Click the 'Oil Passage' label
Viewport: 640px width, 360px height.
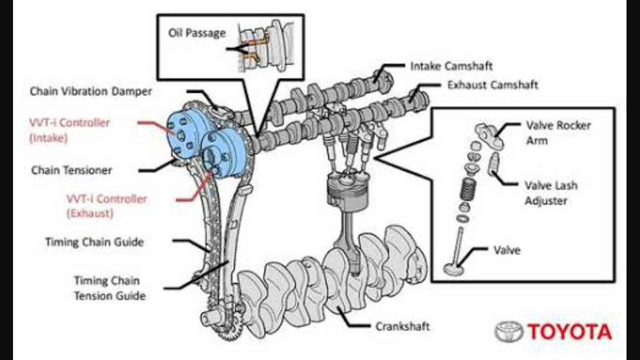coord(196,33)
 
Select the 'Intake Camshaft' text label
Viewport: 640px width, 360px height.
coord(451,65)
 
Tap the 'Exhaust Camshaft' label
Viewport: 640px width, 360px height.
coord(492,85)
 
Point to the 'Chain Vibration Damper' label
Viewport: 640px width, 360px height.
coord(90,91)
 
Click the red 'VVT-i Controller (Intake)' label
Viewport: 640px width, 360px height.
coord(69,130)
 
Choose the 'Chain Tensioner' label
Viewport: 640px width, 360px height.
coord(71,170)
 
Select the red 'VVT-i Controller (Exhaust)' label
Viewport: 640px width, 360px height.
coord(106,205)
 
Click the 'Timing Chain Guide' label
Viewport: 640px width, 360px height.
coord(94,242)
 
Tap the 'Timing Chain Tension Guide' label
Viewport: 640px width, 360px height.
coord(109,288)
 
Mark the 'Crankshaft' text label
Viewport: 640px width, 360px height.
coord(402,326)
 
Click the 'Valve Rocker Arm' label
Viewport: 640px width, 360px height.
coord(557,132)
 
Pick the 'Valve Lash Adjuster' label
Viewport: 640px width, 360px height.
coord(550,193)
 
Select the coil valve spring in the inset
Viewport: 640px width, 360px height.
coord(468,188)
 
